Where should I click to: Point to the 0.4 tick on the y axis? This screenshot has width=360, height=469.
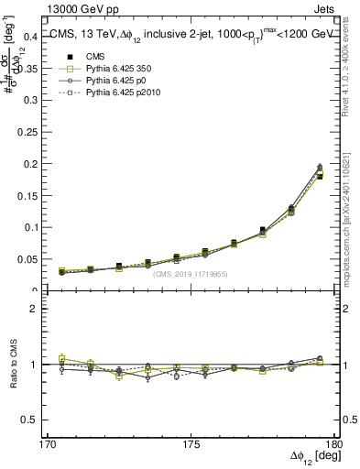tap(30, 37)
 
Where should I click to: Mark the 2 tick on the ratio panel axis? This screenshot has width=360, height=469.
tap(34, 309)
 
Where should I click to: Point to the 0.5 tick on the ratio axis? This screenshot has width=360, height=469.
tap(30, 420)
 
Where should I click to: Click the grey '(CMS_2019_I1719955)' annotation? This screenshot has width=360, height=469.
tap(191, 274)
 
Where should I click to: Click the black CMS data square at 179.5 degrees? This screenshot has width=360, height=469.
tap(320, 176)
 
